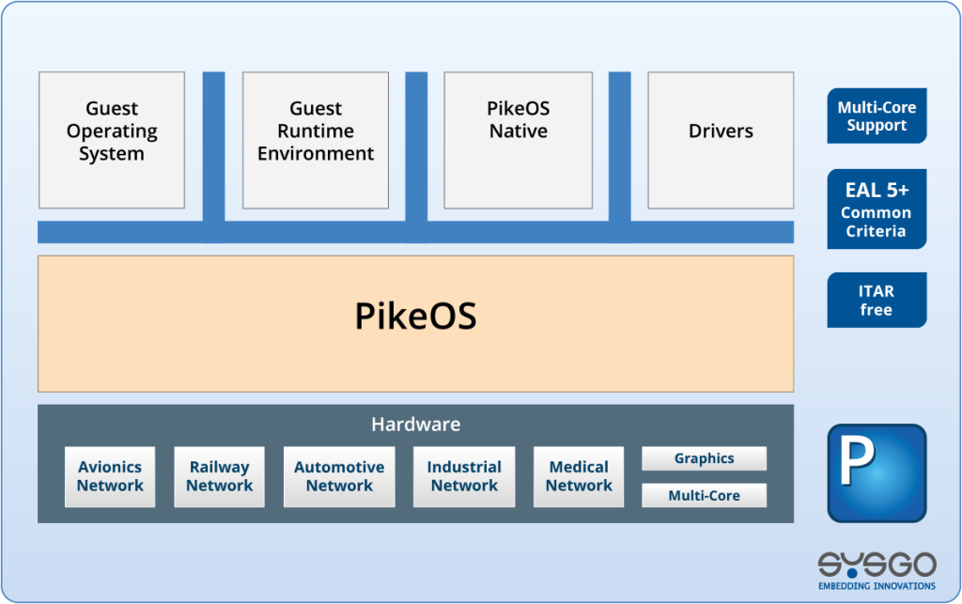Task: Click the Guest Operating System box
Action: (111, 140)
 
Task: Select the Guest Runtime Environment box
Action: (315, 140)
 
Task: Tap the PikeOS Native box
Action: (518, 140)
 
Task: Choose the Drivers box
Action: (721, 140)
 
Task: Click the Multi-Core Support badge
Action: (877, 116)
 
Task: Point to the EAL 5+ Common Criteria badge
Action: (877, 209)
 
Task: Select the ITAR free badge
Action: (877, 301)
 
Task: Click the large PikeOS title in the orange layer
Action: (415, 317)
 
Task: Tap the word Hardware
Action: (415, 425)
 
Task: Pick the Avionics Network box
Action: (110, 476)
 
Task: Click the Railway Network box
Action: (219, 476)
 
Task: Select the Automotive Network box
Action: (339, 476)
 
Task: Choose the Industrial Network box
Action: (464, 476)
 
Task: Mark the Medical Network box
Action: (579, 476)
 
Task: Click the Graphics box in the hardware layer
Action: (704, 458)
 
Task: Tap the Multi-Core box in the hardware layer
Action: (704, 495)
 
